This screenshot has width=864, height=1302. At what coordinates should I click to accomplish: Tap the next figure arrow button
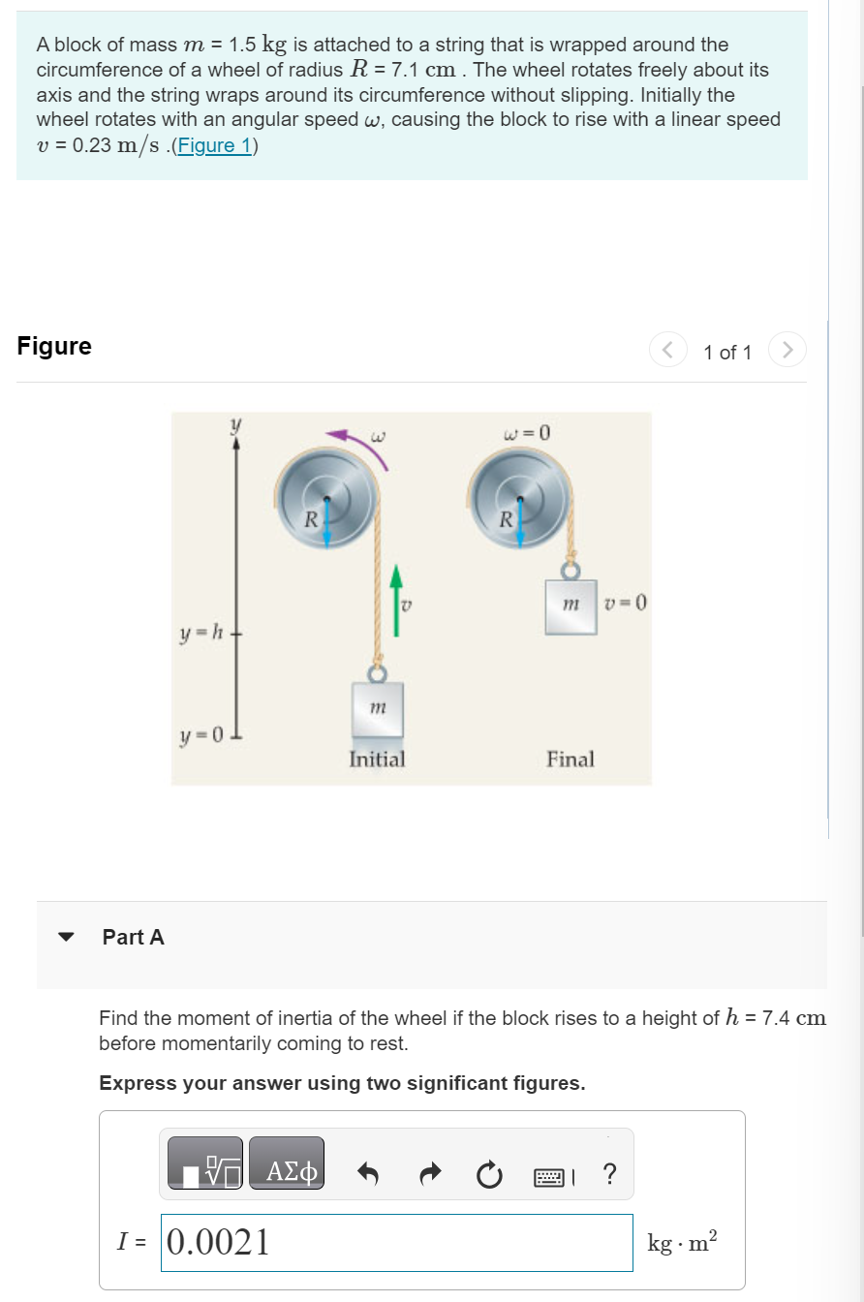(x=787, y=350)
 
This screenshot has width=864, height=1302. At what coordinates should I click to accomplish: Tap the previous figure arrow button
(x=668, y=350)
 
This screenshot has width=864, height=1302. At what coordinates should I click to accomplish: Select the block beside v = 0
(x=571, y=606)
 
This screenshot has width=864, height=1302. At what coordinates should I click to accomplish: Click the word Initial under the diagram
(x=377, y=759)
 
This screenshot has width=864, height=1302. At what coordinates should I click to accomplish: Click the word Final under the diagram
(x=571, y=759)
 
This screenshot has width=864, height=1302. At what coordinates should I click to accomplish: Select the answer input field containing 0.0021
(x=396, y=1242)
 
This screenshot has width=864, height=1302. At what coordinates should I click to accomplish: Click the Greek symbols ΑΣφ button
(x=287, y=1173)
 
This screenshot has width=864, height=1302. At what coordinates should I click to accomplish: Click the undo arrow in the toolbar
(x=368, y=1175)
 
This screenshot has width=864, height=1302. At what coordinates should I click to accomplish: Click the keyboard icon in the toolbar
(x=548, y=1176)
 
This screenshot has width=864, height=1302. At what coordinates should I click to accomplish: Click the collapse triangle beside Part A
(x=66, y=937)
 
